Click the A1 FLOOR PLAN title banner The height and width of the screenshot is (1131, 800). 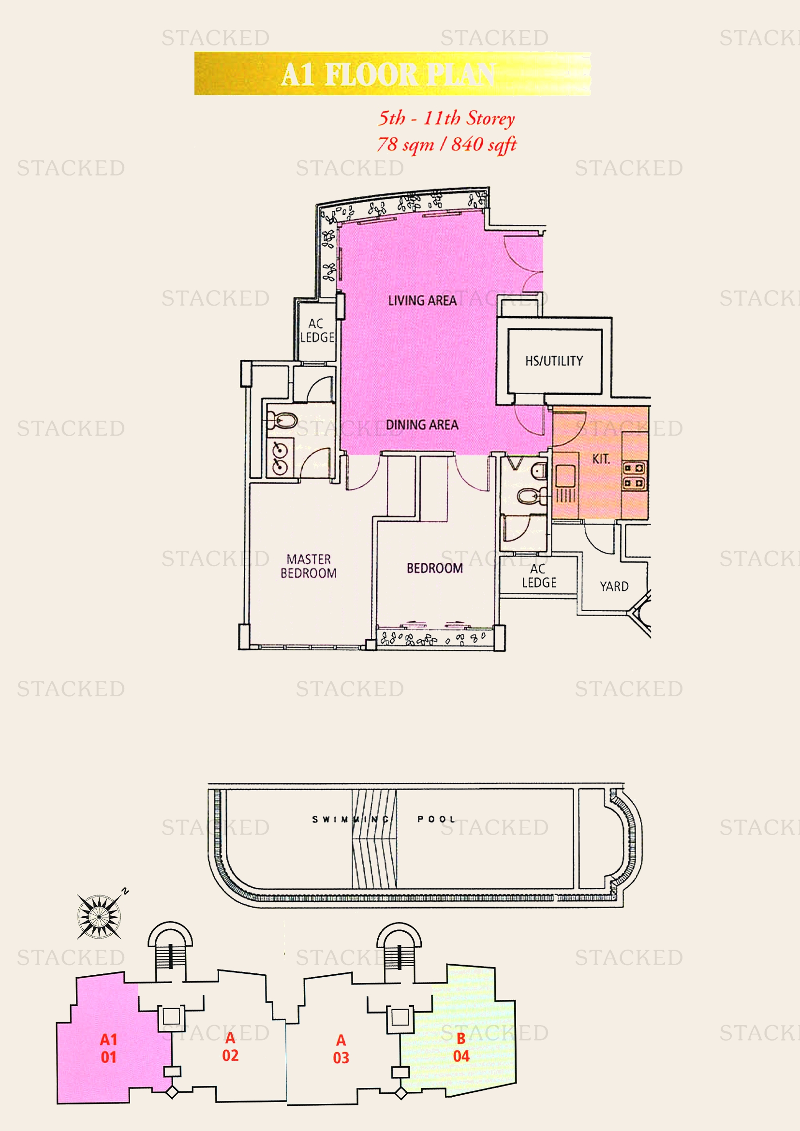392,74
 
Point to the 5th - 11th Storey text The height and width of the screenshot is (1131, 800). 446,118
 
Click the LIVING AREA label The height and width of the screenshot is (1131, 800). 422,300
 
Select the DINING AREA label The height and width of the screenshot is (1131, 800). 422,425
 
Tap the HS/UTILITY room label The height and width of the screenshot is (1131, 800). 554,361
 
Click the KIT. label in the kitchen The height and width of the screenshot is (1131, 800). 601,459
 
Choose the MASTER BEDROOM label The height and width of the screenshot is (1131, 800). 309,566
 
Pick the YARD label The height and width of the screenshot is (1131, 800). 614,586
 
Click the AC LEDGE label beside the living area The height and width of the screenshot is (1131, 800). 317,331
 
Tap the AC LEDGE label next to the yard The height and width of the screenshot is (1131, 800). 539,576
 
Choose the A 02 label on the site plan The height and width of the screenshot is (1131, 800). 230,1046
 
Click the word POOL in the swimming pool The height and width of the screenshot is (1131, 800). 435,819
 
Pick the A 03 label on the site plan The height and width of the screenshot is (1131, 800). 341,1049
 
